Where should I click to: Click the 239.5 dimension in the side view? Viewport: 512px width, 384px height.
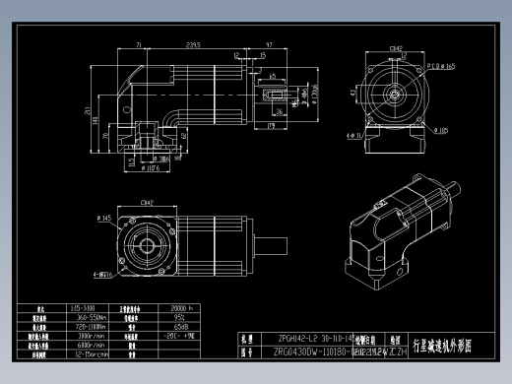coord(193,44)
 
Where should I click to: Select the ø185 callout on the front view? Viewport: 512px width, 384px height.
coord(444,129)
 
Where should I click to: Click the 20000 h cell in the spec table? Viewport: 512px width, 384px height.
coord(183,308)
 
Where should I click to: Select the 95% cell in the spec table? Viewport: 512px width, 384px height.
coord(181,317)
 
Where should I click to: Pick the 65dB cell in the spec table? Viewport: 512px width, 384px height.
coord(181,326)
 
